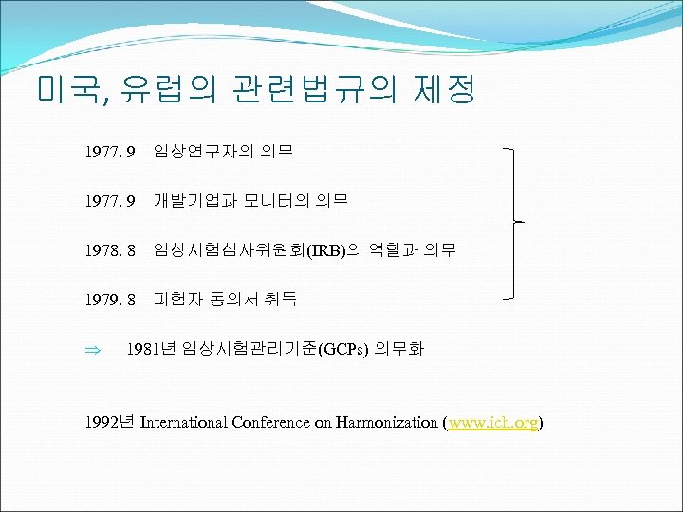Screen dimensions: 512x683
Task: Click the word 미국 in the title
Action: click(x=72, y=91)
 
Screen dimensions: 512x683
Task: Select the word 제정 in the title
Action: click(x=444, y=91)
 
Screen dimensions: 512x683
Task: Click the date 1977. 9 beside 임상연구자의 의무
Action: click(x=111, y=151)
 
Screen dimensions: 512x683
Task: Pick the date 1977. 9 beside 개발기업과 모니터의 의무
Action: click(x=111, y=201)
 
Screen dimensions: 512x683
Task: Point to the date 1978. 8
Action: click(x=111, y=251)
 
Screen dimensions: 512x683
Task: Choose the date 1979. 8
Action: click(x=111, y=301)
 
